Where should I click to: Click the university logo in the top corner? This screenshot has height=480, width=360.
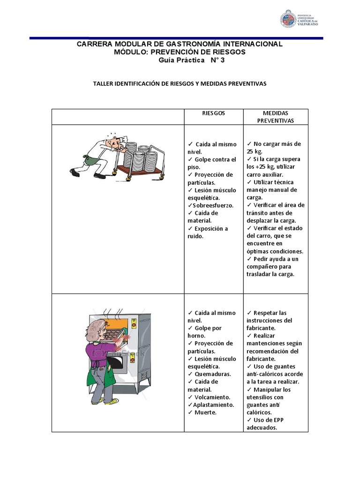(300, 18)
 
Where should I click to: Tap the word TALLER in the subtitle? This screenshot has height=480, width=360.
(104, 83)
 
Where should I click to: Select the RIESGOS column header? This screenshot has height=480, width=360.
(213, 113)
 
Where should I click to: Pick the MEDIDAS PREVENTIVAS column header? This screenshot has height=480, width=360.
(276, 117)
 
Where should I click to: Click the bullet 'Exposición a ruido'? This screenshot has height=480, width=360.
(207, 232)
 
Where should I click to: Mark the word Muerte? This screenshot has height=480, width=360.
(206, 412)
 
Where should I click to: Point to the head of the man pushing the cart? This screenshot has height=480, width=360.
(113, 141)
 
